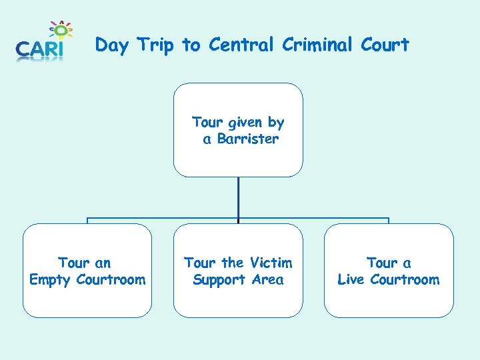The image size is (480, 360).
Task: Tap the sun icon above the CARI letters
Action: pyautogui.click(x=61, y=30)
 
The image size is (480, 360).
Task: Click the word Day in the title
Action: pyautogui.click(x=111, y=45)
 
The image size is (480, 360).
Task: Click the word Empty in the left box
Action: pyautogui.click(x=50, y=280)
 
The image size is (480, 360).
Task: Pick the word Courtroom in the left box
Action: pyautogui.click(x=111, y=280)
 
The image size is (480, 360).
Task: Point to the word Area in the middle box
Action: pyautogui.click(x=267, y=280)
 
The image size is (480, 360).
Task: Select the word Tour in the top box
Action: pyautogui.click(x=207, y=123)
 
